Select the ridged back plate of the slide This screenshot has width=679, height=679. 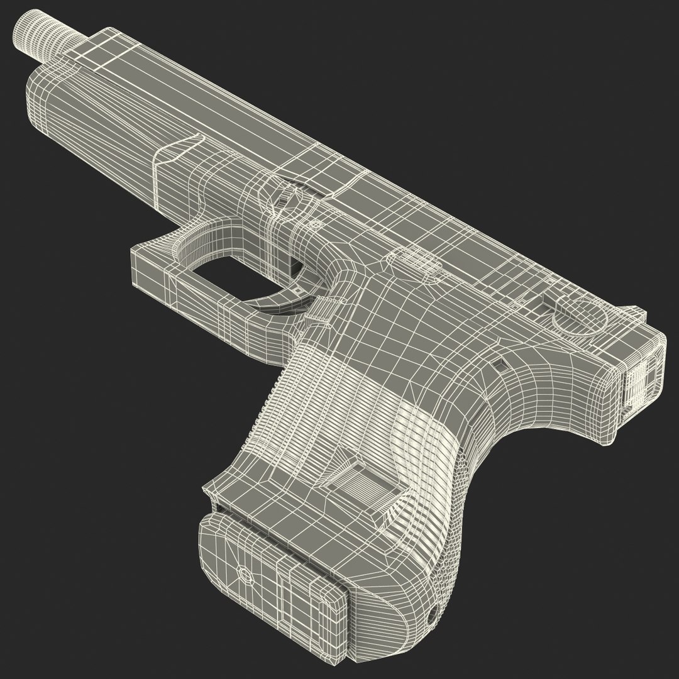[641, 378]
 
